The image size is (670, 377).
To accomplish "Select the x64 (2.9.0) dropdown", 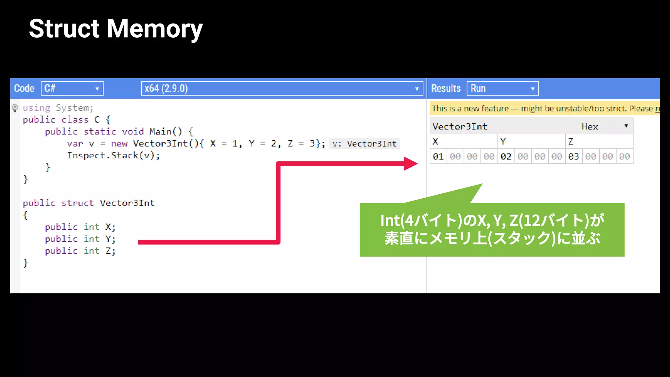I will (282, 88).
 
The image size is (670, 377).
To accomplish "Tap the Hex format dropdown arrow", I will (626, 126).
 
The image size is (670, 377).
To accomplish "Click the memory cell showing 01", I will (438, 157).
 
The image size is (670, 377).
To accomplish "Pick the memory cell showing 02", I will (506, 157).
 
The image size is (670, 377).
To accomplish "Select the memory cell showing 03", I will (573, 157).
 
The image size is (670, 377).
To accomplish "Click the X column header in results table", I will (435, 142).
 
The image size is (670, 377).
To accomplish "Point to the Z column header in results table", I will (571, 142).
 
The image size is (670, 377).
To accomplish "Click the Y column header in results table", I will (503, 142).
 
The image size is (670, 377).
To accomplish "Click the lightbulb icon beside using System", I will (15, 108).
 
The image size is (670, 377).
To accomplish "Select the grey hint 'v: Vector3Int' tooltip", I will (364, 144).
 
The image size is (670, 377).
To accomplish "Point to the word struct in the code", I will (78, 203).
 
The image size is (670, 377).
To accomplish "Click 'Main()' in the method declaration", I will (165, 132).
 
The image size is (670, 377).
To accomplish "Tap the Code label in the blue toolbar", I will (24, 88).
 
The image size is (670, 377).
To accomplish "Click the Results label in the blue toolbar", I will (446, 88).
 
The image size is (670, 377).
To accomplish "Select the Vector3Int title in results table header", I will (460, 126).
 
